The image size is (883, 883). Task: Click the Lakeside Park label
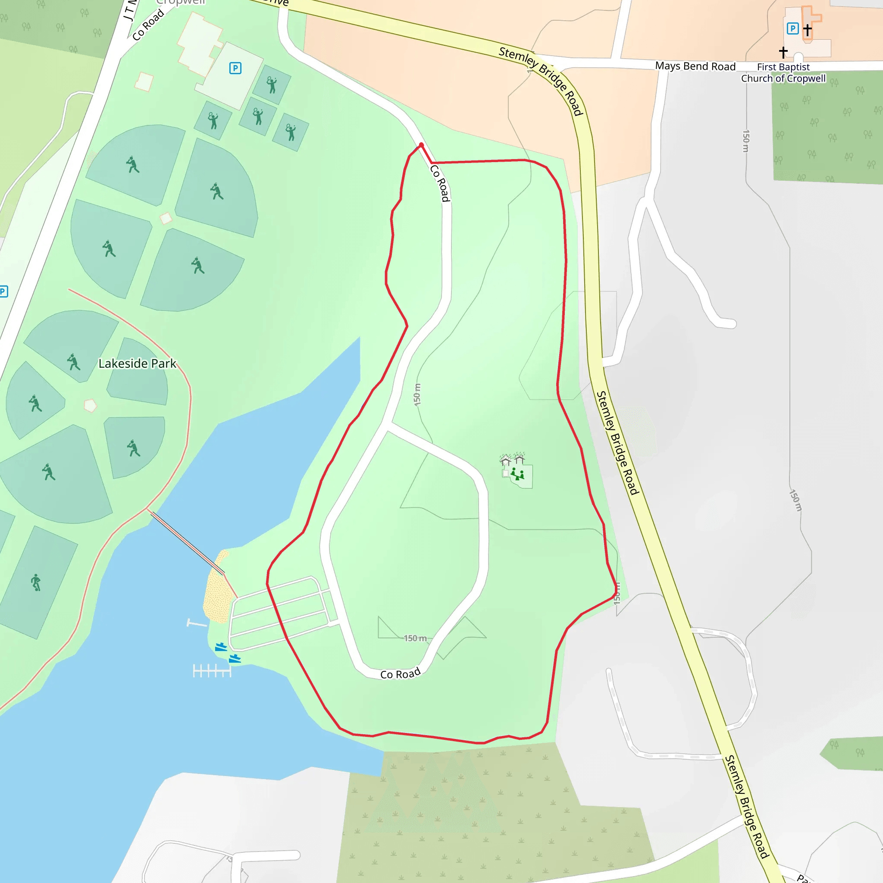pos(137,364)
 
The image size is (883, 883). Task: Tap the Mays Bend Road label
pos(695,66)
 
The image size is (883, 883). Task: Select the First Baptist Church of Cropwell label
pos(783,73)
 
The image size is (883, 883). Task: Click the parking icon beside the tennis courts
pos(235,69)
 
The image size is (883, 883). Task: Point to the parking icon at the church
pos(792,29)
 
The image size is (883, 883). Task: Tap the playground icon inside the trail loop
pos(518,474)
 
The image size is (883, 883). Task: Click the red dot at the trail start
pos(421,145)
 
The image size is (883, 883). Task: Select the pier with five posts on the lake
pos(212,671)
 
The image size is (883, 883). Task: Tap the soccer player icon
pos(36,583)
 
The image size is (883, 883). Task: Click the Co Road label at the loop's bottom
pos(401,674)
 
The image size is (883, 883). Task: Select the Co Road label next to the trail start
pos(440,183)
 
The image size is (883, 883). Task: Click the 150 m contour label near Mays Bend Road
pos(746,141)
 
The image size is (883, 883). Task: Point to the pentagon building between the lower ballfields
pos(91,405)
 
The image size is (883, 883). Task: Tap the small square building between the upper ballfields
pos(166,219)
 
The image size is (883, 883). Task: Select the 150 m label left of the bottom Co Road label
pos(415,639)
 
